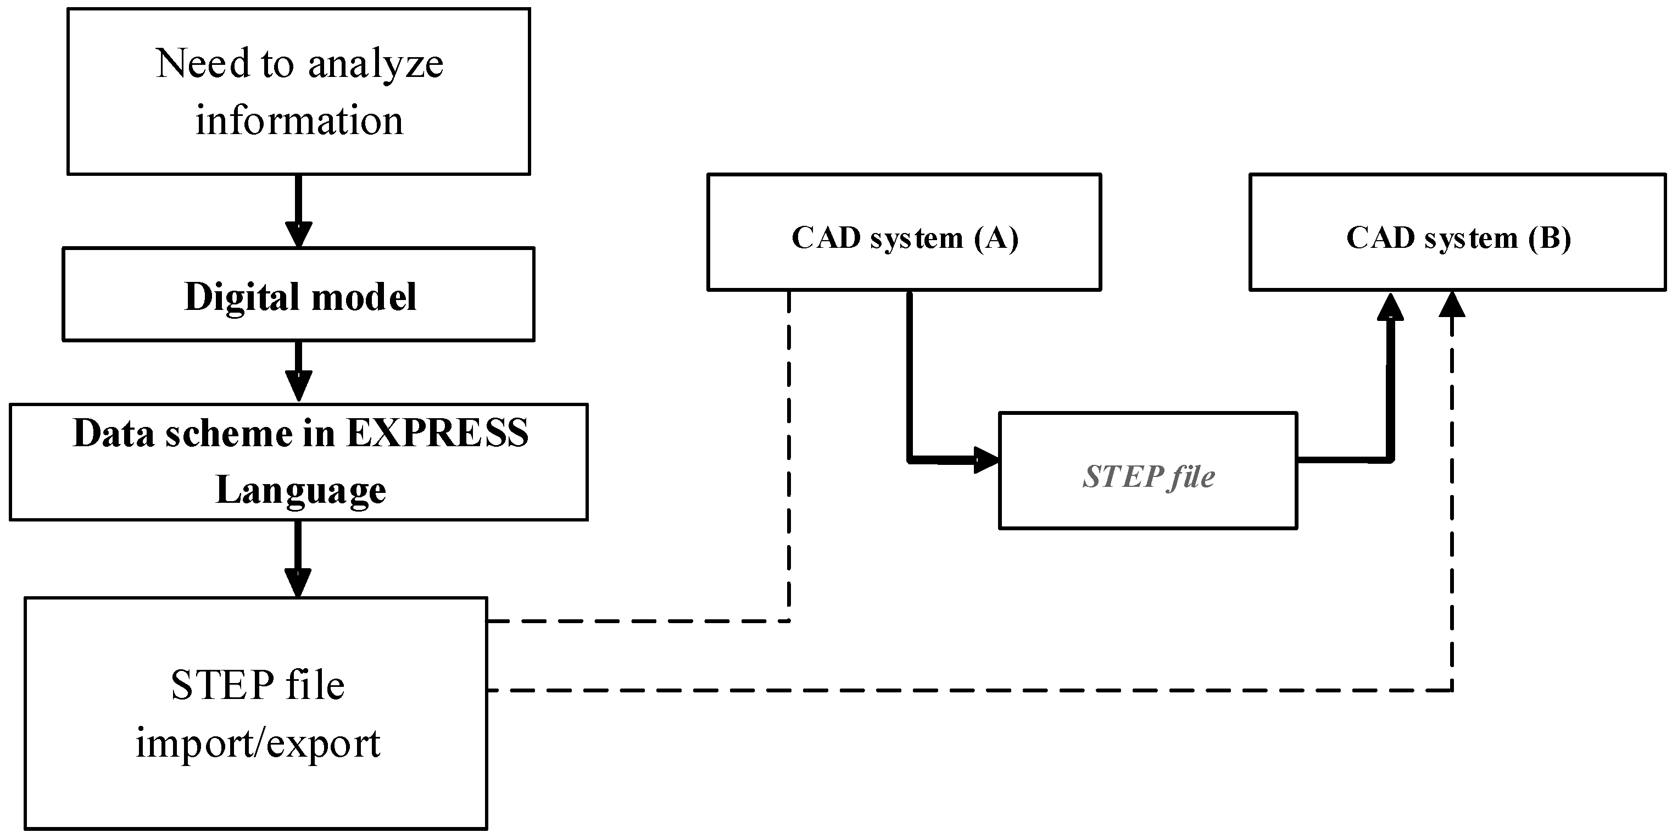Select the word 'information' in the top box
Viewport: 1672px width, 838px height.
click(299, 121)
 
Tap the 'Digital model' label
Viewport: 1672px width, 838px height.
click(300, 297)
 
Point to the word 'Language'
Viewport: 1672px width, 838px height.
click(300, 490)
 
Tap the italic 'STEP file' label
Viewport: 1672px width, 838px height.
click(1147, 477)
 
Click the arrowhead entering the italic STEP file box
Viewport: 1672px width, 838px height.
click(986, 460)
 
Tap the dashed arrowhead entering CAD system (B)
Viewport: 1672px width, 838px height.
click(1452, 304)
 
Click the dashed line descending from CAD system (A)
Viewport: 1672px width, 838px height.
click(789, 454)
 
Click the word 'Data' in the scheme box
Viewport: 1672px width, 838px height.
click(112, 433)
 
